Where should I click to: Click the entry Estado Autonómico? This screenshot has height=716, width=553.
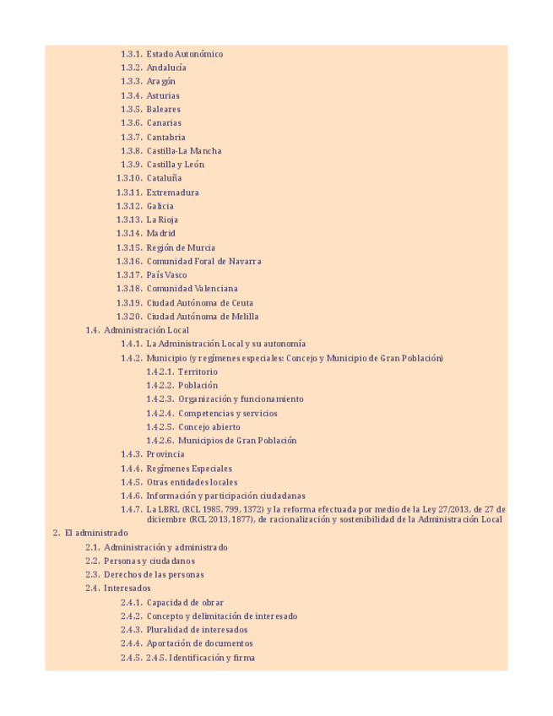coord(184,54)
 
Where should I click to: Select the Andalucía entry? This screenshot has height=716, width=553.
coord(166,68)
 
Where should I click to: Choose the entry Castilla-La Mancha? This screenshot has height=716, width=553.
coord(184,151)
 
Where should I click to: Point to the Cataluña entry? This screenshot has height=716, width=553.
coord(164,178)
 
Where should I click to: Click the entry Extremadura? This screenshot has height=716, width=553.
coord(172,193)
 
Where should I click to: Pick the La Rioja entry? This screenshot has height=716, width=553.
coord(162,220)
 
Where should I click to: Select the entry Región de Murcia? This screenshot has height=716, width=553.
coord(181,247)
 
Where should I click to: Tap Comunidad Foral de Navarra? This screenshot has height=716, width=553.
coord(203,262)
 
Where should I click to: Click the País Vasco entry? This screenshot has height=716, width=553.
coord(166,275)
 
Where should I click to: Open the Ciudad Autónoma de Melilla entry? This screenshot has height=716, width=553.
coord(203,317)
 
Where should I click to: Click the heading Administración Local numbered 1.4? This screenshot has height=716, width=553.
coord(146,330)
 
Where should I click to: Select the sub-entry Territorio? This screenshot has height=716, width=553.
coord(198,372)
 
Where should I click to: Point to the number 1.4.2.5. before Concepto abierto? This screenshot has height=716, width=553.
coord(160,427)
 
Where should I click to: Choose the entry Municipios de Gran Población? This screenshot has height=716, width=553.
coord(237,441)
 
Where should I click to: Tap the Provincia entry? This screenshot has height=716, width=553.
coord(165,454)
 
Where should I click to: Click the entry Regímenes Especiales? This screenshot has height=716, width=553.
coord(189,469)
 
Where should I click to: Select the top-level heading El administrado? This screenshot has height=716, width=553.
coord(96,533)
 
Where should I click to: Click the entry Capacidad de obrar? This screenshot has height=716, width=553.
coord(185,603)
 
